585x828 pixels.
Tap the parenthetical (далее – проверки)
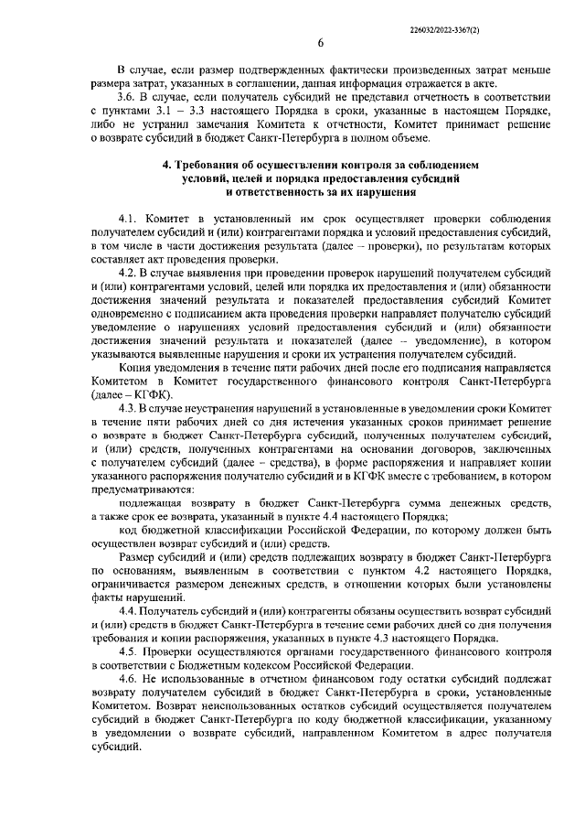tap(348, 247)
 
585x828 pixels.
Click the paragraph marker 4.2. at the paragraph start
tap(129, 274)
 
